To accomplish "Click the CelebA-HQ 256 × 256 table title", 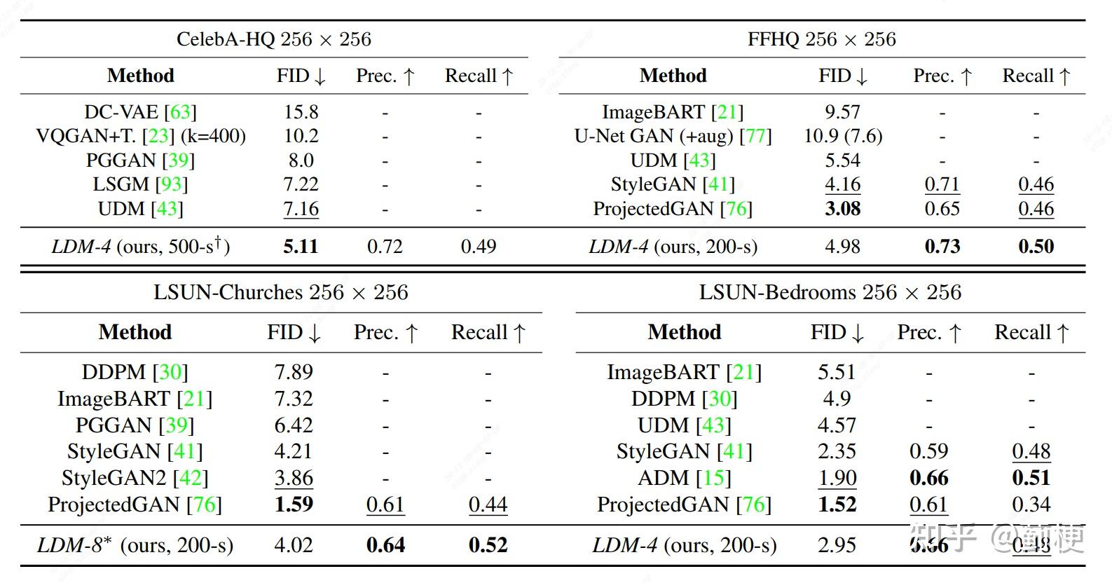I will click(x=273, y=39).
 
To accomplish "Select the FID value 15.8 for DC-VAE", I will click(x=301, y=112).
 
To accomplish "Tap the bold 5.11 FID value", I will click(x=301, y=247).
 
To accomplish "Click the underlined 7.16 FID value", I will click(x=301, y=209).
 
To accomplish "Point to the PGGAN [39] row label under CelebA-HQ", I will click(x=140, y=160).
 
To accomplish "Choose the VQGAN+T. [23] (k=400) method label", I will click(x=140, y=136).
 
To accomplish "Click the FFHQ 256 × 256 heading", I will click(x=821, y=39).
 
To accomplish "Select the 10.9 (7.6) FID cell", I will click(x=842, y=136).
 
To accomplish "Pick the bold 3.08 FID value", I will click(x=842, y=209).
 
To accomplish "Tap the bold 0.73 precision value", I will click(x=942, y=247).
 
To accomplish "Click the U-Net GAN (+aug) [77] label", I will click(x=673, y=136).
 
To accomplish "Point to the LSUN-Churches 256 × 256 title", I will click(x=280, y=292).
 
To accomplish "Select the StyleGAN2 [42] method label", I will click(x=135, y=478).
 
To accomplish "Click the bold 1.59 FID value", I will click(x=294, y=505).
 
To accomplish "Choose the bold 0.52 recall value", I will click(x=488, y=545).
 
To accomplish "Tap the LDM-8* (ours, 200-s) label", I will click(x=135, y=545).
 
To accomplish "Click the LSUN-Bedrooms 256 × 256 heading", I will click(x=830, y=292).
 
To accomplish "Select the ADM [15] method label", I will click(x=684, y=478).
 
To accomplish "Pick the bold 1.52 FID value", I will click(x=837, y=505).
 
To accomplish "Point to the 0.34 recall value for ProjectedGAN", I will click(x=1031, y=505).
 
